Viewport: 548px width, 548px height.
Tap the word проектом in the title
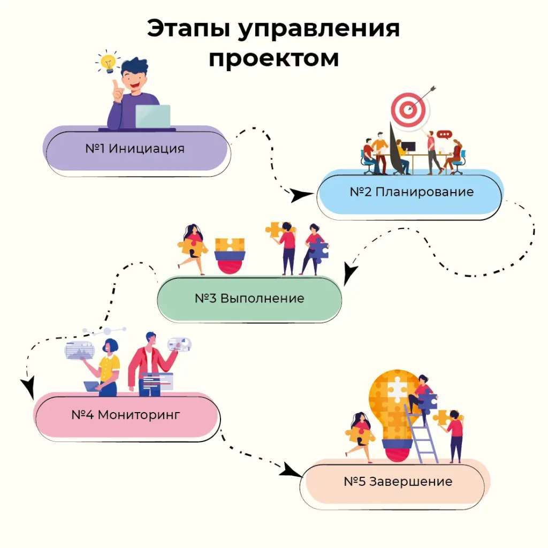(x=273, y=58)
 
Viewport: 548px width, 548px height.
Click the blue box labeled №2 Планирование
(x=411, y=192)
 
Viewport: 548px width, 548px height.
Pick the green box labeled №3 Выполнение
(x=249, y=298)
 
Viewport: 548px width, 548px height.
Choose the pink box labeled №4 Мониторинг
(x=127, y=415)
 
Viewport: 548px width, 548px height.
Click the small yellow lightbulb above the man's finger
(x=108, y=62)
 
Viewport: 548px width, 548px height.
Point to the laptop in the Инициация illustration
(x=153, y=116)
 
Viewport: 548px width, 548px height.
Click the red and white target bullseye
(x=409, y=109)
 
